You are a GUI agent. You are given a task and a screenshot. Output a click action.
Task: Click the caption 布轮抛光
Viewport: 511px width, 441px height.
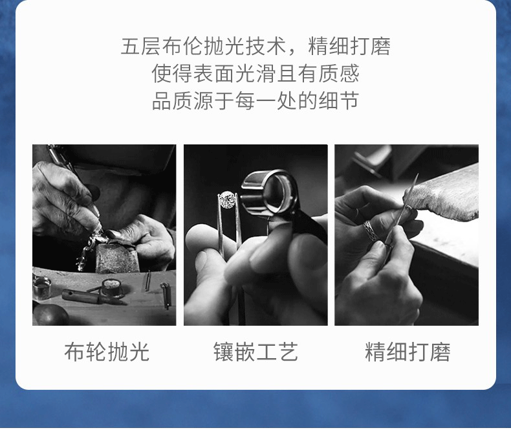click(107, 352)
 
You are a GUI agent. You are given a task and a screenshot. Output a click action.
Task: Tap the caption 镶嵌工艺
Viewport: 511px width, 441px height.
click(256, 352)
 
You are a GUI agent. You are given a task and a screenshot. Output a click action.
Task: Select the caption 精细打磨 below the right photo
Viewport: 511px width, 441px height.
click(408, 352)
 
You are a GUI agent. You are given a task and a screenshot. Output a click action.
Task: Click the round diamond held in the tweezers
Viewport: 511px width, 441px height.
click(227, 199)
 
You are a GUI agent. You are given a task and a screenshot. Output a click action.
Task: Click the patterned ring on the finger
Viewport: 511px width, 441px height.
click(370, 230)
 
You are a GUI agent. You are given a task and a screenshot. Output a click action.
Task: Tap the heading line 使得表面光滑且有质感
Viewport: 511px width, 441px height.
click(256, 73)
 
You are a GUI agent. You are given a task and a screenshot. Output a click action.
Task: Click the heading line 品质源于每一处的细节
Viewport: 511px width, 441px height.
click(256, 101)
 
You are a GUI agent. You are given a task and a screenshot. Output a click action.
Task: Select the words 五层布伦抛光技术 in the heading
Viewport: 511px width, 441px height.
click(204, 46)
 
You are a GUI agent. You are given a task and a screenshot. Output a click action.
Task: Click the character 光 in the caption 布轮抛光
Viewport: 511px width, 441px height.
click(139, 352)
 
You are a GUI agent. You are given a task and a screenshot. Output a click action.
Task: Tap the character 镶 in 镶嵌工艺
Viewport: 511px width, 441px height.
click(224, 352)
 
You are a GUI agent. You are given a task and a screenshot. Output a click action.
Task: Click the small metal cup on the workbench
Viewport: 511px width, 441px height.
click(41, 288)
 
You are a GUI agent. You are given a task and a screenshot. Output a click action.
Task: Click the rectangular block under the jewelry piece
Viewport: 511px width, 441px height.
click(116, 258)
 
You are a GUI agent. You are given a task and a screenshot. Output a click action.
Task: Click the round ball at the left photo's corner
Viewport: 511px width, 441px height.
click(50, 315)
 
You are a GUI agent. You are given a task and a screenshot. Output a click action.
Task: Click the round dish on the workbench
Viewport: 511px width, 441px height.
click(112, 288)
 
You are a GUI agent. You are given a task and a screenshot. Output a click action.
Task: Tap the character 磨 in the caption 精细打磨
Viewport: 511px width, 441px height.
click(440, 352)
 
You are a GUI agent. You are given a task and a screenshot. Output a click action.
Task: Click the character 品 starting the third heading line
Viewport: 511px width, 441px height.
click(162, 101)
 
